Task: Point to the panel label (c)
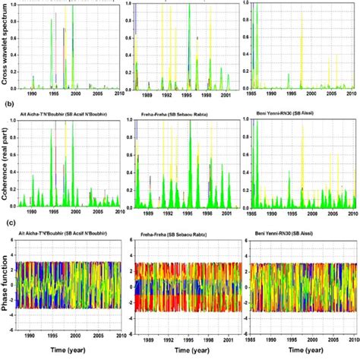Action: click(10, 222)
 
